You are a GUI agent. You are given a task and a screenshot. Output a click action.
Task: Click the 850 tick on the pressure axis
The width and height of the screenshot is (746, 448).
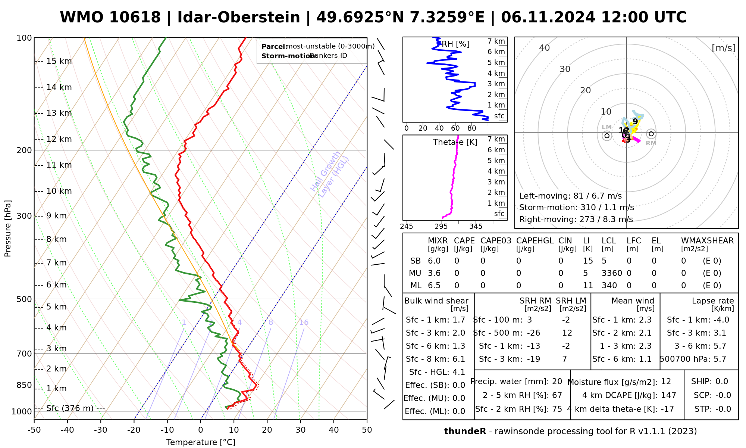pyautogui.click(x=24, y=385)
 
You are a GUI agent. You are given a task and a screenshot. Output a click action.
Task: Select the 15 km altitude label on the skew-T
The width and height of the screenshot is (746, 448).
pyautogui.click(x=59, y=61)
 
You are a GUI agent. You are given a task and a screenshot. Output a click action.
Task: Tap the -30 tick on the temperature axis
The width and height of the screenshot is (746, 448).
pyautogui.click(x=101, y=430)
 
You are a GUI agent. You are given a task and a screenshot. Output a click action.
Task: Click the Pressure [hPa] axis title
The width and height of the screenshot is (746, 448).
pyautogui.click(x=8, y=228)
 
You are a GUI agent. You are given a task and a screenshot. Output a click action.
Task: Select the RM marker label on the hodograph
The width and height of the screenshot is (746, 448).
pyautogui.click(x=651, y=143)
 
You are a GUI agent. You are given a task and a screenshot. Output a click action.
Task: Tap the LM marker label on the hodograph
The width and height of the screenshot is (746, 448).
pyautogui.click(x=607, y=127)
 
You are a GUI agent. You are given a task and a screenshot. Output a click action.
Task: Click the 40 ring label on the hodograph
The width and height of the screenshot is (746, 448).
pyautogui.click(x=545, y=48)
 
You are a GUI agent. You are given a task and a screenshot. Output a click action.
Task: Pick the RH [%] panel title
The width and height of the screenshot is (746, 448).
pyautogui.click(x=455, y=44)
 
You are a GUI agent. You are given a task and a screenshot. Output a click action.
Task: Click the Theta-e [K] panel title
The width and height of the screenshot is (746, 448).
pyautogui.click(x=455, y=142)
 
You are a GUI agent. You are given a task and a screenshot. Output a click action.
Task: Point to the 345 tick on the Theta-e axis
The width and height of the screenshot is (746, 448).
pyautogui.click(x=476, y=227)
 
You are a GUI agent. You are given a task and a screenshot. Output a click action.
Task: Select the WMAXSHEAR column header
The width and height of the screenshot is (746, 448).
pyautogui.click(x=707, y=241)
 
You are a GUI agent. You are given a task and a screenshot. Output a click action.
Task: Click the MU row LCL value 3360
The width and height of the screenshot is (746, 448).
pyautogui.click(x=612, y=273)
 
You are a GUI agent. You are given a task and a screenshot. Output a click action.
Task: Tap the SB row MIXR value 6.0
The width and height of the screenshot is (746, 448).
pyautogui.click(x=434, y=261)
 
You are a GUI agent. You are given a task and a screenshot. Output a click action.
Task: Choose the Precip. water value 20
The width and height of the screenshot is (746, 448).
pyautogui.click(x=557, y=382)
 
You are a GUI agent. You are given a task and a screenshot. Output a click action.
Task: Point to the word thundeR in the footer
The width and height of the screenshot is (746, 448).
pyautogui.click(x=465, y=432)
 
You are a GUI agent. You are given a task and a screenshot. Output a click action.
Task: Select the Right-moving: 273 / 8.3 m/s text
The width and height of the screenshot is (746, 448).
pyautogui.click(x=576, y=220)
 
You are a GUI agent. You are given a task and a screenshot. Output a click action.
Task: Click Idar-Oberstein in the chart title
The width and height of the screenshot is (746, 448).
pyautogui.click(x=239, y=18)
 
